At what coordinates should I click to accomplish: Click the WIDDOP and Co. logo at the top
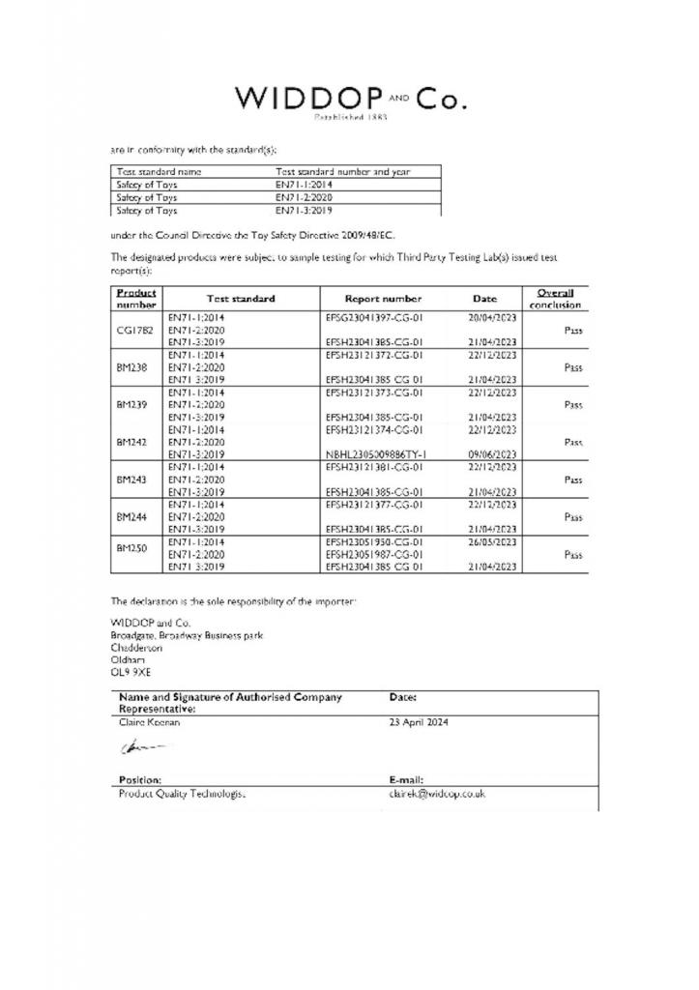click(350, 101)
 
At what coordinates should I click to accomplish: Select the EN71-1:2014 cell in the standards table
click(304, 184)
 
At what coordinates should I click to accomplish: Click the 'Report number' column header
click(383, 299)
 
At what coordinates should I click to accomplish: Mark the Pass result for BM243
click(573, 479)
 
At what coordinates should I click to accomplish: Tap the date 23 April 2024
click(419, 721)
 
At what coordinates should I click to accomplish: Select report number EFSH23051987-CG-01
click(376, 554)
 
